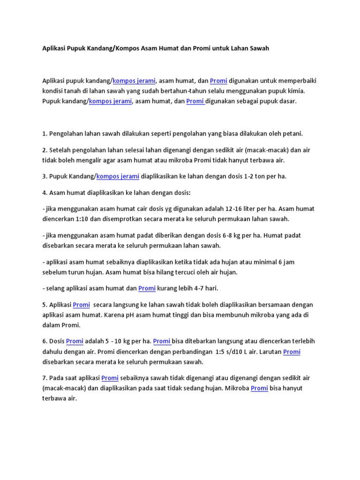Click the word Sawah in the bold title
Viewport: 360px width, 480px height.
click(x=259, y=48)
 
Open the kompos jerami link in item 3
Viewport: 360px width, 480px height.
click(x=118, y=176)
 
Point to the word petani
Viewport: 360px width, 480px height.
click(x=292, y=133)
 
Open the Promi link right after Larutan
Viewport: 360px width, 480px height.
click(x=292, y=352)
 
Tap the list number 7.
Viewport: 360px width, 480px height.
click(x=44, y=378)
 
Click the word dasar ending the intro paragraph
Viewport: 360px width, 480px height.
click(x=287, y=101)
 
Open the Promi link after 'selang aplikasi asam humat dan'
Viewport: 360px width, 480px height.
click(x=147, y=288)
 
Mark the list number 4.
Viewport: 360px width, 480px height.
click(x=44, y=192)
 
